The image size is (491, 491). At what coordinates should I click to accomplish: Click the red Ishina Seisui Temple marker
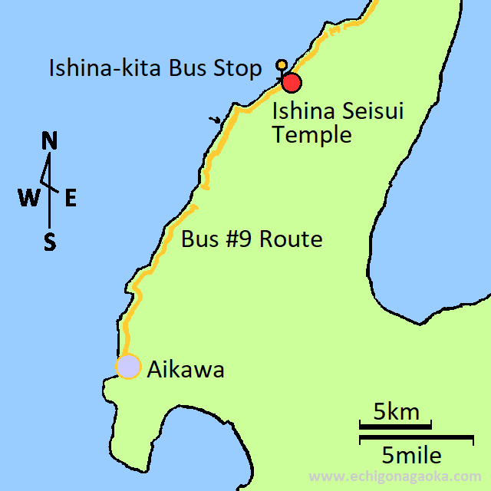coord(291,82)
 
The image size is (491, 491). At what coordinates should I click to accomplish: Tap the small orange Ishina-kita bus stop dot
coord(282,64)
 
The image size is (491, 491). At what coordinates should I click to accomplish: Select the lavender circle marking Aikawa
coord(128,367)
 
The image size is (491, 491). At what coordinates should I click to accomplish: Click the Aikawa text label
coord(186,370)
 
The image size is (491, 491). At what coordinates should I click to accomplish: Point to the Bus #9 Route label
coord(252,239)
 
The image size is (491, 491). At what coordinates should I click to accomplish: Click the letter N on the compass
coord(50,141)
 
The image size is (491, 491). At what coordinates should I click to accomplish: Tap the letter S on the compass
coord(50,243)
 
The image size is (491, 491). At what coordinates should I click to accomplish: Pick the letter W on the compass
coord(29,199)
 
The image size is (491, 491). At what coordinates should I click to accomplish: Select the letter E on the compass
coord(70,199)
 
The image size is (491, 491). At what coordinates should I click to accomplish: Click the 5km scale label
coord(397,411)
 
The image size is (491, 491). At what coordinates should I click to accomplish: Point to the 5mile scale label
coord(412,456)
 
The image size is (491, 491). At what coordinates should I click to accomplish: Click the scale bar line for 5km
coord(395,424)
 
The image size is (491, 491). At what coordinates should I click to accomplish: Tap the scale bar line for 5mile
coord(416,439)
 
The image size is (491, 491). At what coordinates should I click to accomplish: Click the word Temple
coord(312,136)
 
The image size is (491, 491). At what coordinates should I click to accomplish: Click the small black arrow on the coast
coord(217,120)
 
